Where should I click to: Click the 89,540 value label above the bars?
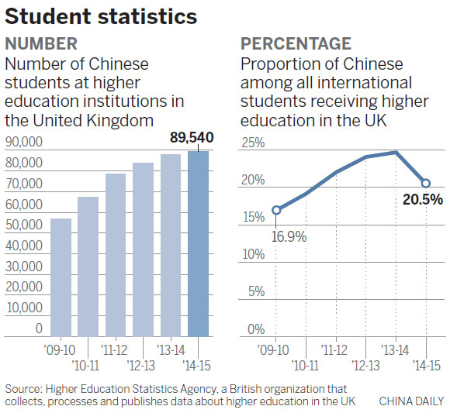click(191, 138)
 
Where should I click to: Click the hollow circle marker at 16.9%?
click(276, 210)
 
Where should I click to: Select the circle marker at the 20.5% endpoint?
click(426, 183)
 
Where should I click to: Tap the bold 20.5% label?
click(423, 200)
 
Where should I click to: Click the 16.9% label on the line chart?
click(289, 235)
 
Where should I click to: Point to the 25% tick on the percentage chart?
click(253, 143)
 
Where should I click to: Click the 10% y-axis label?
click(253, 255)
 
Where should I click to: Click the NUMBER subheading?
click(41, 43)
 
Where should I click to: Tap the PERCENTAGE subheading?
click(296, 43)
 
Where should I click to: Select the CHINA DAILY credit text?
click(412, 401)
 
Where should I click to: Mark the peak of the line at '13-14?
click(396, 153)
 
